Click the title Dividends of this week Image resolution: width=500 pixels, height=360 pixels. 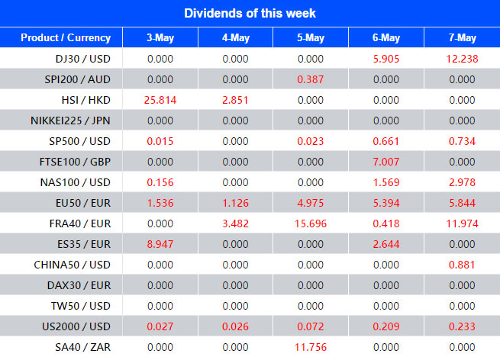[250, 13]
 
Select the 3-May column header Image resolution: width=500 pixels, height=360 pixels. [160, 38]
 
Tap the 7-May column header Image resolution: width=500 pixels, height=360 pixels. [462, 38]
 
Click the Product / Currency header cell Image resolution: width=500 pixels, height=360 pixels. [65, 38]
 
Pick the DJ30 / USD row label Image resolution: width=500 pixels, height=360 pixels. [79, 59]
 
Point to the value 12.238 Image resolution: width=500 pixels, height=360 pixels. [462, 59]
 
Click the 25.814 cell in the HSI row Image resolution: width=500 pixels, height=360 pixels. [160, 100]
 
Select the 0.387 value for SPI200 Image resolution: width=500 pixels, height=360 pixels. [311, 79]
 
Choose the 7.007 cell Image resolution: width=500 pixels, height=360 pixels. [386, 162]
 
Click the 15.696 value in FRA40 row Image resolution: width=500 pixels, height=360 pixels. [311, 223]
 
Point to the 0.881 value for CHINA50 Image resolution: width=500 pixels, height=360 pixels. [462, 265]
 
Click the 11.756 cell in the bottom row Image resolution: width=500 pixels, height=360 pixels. [311, 347]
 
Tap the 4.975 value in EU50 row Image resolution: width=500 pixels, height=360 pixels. [311, 203]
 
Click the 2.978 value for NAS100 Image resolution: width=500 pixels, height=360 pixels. [462, 182]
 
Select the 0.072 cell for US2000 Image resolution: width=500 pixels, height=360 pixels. [311, 326]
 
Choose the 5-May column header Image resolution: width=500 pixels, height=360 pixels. [311, 38]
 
